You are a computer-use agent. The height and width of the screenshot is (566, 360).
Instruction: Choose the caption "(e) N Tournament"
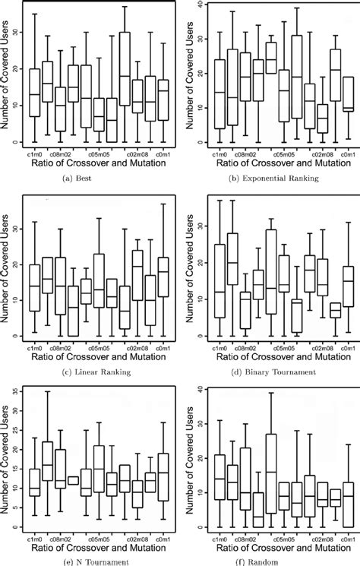pos(93,561)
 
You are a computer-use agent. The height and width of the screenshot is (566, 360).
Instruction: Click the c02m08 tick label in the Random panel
pos(312,535)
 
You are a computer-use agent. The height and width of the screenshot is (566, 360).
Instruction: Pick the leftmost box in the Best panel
pos(33,93)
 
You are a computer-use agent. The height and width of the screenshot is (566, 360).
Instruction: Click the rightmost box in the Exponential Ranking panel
pos(348,93)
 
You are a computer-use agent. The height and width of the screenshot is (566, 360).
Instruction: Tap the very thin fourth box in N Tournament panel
pos(73,479)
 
